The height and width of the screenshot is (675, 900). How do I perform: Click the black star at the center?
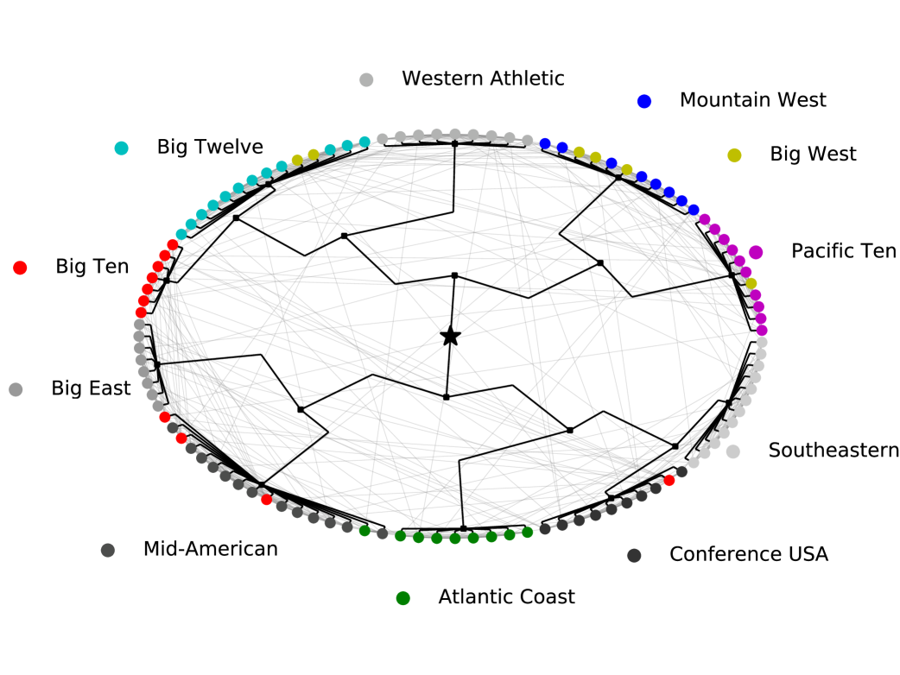click(x=450, y=336)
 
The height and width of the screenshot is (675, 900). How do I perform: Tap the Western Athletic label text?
click(x=483, y=79)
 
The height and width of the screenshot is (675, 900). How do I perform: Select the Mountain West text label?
click(x=752, y=100)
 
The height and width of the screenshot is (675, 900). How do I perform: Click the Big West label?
click(x=813, y=155)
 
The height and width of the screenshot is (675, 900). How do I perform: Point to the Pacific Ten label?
click(x=844, y=251)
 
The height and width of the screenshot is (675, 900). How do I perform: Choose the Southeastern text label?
click(x=833, y=451)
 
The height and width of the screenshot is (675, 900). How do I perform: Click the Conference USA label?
click(x=748, y=555)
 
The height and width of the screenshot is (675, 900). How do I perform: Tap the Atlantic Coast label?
click(x=506, y=597)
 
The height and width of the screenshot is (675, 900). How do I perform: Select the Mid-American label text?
click(x=211, y=549)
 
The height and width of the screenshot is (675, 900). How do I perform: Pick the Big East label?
click(x=91, y=388)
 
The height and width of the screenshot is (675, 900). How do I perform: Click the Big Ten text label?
click(x=92, y=267)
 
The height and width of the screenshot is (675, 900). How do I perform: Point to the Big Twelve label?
click(x=210, y=147)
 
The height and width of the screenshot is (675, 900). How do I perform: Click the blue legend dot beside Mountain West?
click(x=643, y=101)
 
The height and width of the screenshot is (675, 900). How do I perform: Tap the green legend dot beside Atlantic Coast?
click(x=402, y=598)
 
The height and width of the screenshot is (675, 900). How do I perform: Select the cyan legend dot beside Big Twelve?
click(x=122, y=148)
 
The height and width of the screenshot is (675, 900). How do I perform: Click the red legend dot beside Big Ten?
click(x=20, y=268)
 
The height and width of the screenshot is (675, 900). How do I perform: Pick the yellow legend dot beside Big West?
click(x=734, y=155)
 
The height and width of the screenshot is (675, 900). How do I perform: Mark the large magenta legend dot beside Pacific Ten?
click(x=756, y=252)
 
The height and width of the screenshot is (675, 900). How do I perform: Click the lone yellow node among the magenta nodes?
click(x=751, y=284)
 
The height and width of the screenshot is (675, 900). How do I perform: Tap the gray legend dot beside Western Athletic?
click(x=366, y=79)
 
